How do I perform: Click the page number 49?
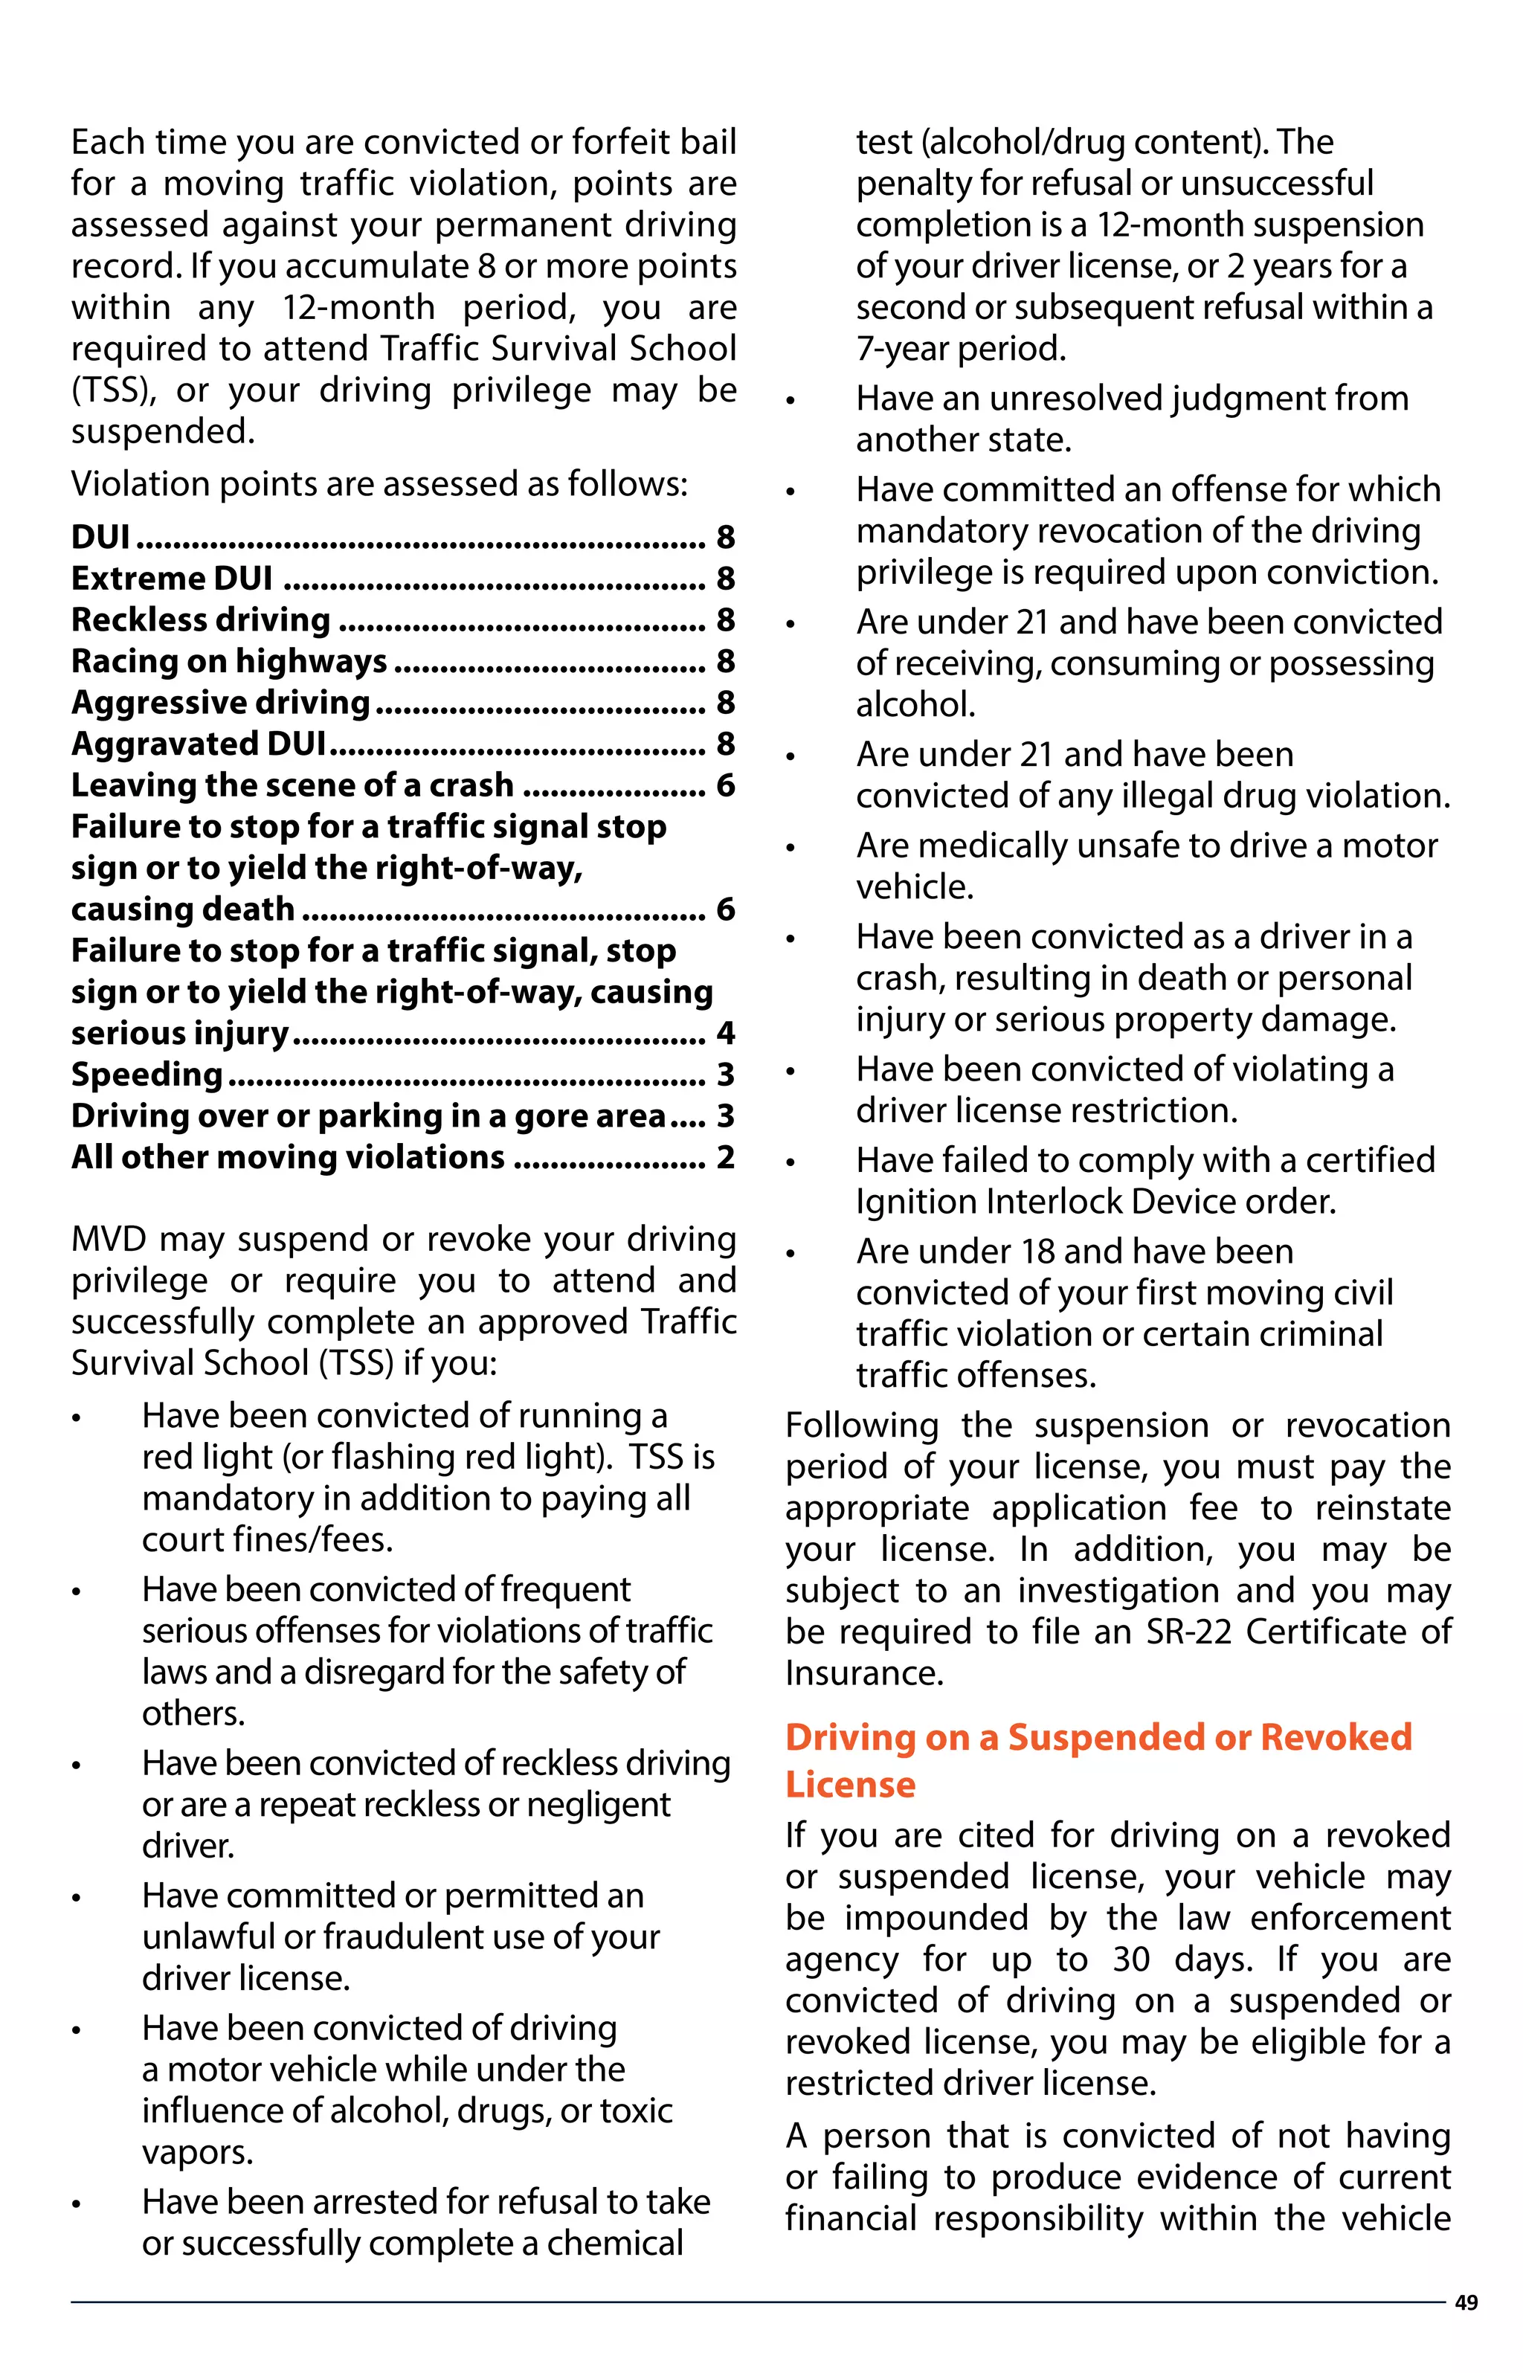[x=1466, y=2304]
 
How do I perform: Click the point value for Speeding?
[x=725, y=1075]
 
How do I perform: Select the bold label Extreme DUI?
[x=172, y=579]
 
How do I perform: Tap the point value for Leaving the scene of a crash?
[x=725, y=786]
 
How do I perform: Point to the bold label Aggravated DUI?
[x=199, y=744]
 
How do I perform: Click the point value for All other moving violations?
[x=725, y=1158]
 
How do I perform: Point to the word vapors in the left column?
[x=197, y=2153]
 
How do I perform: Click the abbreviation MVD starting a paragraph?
[x=109, y=1239]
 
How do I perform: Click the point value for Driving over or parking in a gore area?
[x=725, y=1116]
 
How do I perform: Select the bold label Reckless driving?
[x=201, y=620]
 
